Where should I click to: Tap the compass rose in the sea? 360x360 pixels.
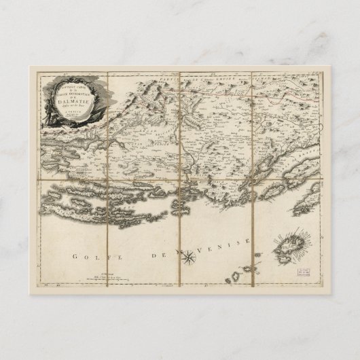click(189, 256)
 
